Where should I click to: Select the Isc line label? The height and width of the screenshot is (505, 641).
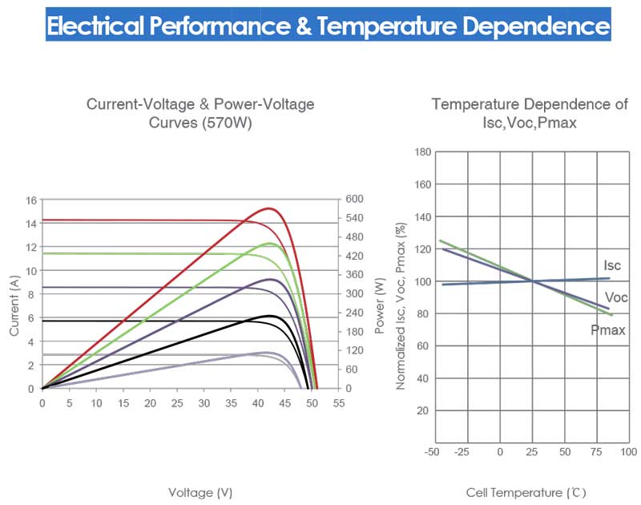pos(612,266)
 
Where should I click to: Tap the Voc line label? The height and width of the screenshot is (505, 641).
pos(616,298)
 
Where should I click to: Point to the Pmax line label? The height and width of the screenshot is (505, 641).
pos(607,329)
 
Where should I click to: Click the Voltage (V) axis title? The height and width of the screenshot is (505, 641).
pos(200,491)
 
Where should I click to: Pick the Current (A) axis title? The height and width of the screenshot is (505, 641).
pos(14,305)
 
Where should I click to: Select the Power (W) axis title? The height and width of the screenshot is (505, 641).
pos(380,305)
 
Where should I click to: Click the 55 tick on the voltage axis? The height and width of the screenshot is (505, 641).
pos(339,403)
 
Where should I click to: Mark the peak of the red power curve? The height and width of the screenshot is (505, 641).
pos(270,208)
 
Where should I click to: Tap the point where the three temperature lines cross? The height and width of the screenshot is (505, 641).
pos(533,281)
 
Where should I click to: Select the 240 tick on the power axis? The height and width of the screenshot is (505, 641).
pos(355,313)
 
